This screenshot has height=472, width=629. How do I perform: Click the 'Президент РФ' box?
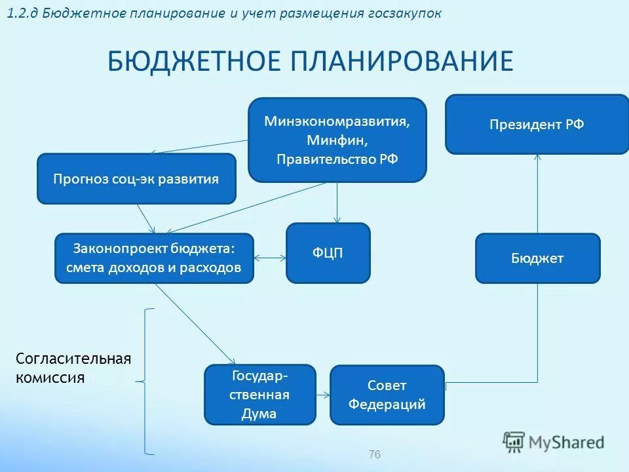point(537,125)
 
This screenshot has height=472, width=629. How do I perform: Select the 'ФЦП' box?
point(328,253)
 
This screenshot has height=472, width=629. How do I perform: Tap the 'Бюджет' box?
point(537,258)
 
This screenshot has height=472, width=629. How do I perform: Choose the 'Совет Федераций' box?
point(387,395)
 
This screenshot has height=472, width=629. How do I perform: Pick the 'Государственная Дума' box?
point(260,395)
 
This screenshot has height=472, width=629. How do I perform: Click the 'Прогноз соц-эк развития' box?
point(136,178)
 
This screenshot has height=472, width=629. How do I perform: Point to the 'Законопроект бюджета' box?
point(154,258)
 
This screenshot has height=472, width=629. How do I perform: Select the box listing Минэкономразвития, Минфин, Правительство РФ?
point(337,140)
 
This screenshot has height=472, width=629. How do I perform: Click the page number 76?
point(375,454)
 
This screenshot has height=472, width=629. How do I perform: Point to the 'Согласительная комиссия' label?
point(73,368)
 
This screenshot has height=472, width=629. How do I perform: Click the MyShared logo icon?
point(514,442)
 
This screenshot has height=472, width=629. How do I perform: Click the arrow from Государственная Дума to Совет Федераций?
point(322,395)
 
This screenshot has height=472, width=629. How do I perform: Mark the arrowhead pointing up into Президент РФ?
point(538,159)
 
